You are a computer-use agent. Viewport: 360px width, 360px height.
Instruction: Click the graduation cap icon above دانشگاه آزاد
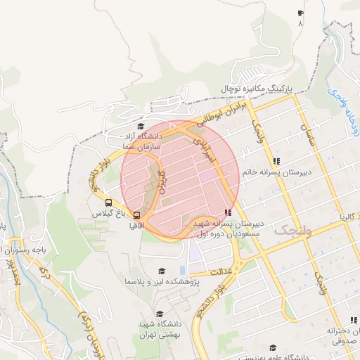click(x=140, y=126)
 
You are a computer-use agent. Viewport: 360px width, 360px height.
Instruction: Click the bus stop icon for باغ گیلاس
click(x=98, y=202)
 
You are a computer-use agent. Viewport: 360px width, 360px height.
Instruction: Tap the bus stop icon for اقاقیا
click(x=136, y=215)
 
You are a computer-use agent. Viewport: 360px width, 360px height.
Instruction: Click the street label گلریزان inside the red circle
click(x=163, y=181)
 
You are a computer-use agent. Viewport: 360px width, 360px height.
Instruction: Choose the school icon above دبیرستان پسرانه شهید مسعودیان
click(x=227, y=212)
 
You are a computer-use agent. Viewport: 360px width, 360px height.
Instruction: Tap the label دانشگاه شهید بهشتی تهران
click(x=159, y=326)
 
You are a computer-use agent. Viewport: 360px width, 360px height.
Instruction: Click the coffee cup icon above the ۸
click(x=301, y=13)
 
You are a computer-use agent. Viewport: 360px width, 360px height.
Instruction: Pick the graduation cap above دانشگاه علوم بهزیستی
click(x=273, y=347)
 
